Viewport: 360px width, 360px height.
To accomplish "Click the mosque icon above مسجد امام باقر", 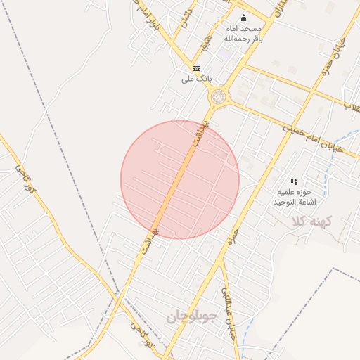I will [x=243, y=18].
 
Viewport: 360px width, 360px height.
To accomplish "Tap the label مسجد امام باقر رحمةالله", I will [x=243, y=33].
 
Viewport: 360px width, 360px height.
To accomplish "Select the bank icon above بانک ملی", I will [x=197, y=68].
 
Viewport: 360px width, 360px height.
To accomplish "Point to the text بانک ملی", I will [x=196, y=78].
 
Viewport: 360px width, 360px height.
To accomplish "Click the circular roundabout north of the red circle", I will [x=219, y=96].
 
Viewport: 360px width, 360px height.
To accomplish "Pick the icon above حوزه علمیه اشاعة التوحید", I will [x=294, y=181].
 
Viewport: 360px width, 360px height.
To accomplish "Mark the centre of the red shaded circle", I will [x=180, y=179].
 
